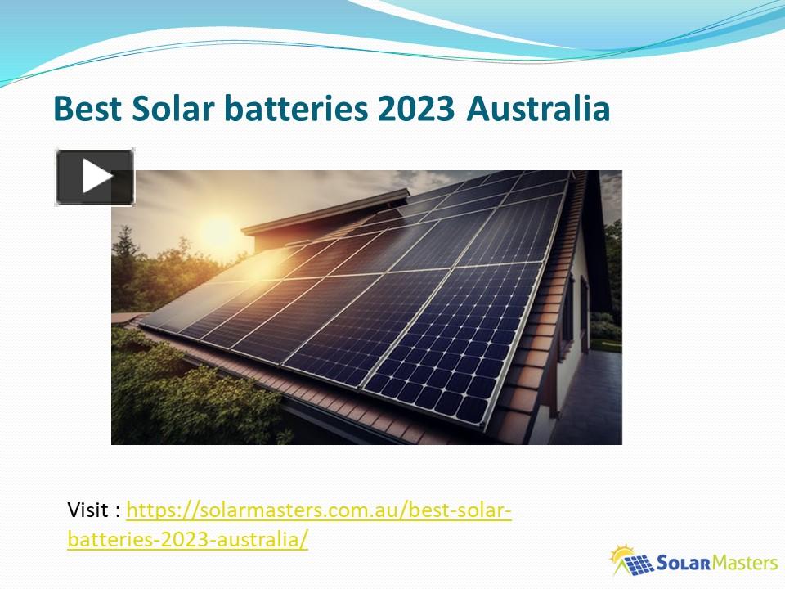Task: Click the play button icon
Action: click(x=94, y=177)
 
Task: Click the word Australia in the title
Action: click(x=538, y=109)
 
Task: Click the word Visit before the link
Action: click(x=90, y=511)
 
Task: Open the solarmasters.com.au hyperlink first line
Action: click(x=319, y=511)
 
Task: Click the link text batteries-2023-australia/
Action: click(x=187, y=540)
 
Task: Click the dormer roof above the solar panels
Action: click(x=327, y=211)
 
